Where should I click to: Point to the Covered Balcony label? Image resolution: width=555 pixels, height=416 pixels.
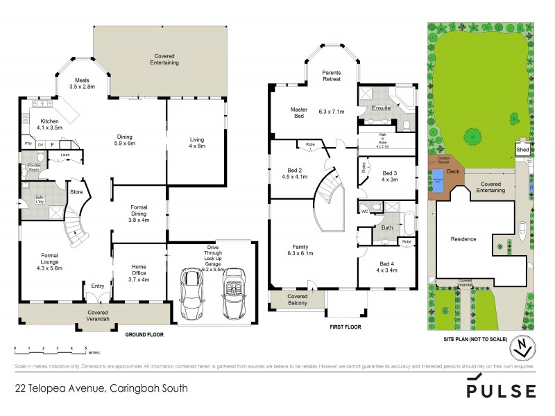[291, 300]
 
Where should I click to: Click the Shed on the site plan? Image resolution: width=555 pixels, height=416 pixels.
[522, 149]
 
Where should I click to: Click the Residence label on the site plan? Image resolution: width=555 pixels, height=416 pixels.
[463, 239]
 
